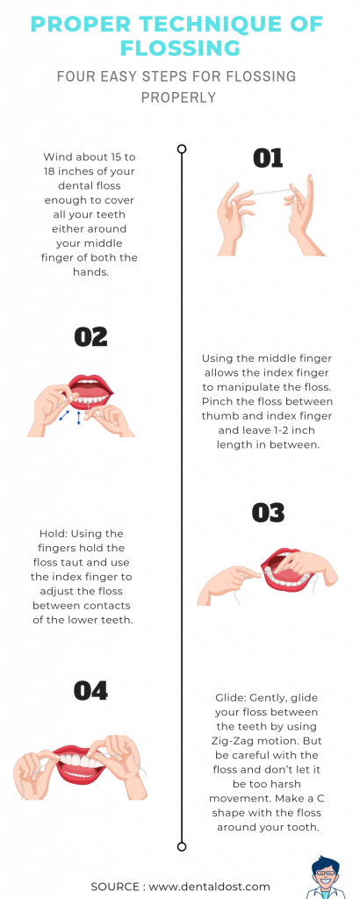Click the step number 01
268,159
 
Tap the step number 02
90,337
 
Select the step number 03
268,513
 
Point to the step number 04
90,691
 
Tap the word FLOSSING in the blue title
180,48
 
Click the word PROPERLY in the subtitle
179,97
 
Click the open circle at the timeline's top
182,149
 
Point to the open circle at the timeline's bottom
182,847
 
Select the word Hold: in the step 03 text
53,533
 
